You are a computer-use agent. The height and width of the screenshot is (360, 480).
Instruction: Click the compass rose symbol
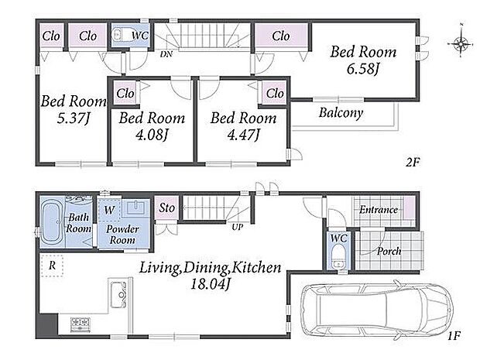pos(461,43)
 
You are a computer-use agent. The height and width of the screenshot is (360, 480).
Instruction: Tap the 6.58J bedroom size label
pos(363,69)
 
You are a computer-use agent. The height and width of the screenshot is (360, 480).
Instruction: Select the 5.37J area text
pos(74,118)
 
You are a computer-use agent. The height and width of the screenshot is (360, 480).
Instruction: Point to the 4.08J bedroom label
pos(153,135)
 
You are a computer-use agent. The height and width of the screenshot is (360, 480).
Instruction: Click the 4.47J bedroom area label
pos(244,135)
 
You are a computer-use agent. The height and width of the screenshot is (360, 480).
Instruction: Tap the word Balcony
pos(341,113)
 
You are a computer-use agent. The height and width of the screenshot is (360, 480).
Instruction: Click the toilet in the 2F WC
pos(117,35)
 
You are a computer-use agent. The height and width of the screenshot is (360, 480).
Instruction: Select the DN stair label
pos(166,54)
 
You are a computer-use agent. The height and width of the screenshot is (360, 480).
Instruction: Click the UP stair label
pos(237,227)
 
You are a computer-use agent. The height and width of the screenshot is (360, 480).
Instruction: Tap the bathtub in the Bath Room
pos(52,221)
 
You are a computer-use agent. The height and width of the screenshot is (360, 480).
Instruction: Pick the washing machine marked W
pos(109,210)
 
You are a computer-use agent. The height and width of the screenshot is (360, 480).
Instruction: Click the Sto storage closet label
pos(166,208)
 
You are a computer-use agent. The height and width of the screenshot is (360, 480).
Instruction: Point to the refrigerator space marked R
pos(52,266)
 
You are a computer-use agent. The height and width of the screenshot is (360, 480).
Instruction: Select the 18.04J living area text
pos(210,284)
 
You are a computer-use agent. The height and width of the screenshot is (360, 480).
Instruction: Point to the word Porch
pos(389,252)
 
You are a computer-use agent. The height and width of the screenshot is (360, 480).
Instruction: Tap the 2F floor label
pos(413,162)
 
